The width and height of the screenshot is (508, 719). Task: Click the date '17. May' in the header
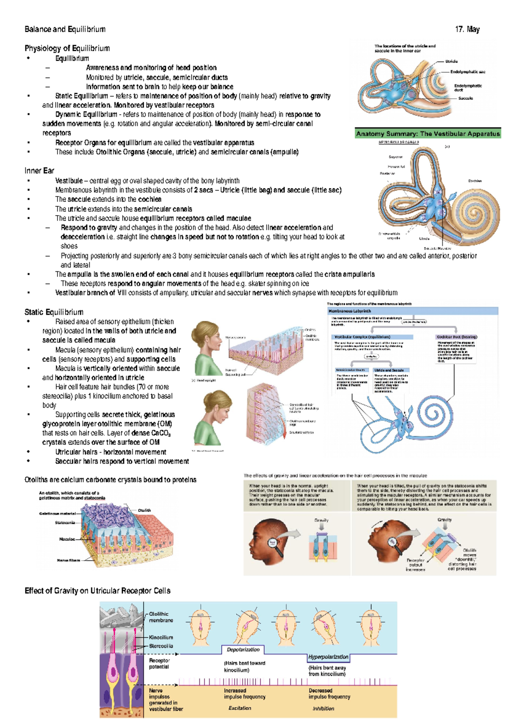click(x=467, y=29)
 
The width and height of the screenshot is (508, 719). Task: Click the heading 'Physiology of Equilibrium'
click(x=67, y=48)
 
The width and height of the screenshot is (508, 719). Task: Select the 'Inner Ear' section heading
click(x=39, y=171)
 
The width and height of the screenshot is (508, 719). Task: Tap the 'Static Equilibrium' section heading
click(x=54, y=312)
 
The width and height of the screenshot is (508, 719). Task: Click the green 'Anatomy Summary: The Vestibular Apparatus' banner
click(x=428, y=134)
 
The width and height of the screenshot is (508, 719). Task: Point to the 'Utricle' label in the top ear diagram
click(x=451, y=61)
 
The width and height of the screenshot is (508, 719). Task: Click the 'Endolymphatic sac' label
click(x=467, y=72)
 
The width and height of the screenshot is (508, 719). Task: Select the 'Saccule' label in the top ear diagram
click(x=465, y=98)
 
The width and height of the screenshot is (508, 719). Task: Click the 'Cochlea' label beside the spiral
click(x=475, y=181)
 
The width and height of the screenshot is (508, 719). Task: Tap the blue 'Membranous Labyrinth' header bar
click(x=413, y=311)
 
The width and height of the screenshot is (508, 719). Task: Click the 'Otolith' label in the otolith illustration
click(x=144, y=510)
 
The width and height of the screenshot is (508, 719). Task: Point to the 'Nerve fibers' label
click(x=68, y=560)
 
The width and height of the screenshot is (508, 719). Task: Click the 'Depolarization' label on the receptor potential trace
click(x=243, y=650)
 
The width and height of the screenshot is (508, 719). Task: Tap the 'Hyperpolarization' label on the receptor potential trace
click(x=328, y=657)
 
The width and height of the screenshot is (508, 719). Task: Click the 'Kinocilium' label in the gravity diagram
click(x=161, y=637)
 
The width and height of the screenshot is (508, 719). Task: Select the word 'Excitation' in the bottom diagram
click(x=240, y=708)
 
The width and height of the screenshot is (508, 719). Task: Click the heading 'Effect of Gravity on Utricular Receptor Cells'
click(x=97, y=591)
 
